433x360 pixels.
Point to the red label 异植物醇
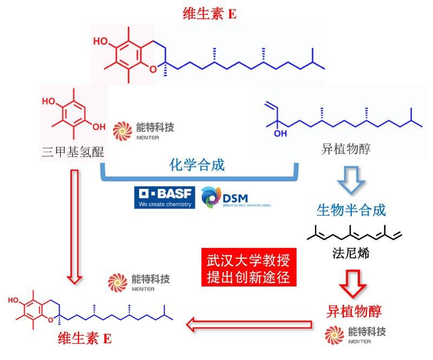click(x=354, y=311)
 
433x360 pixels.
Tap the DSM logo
click(x=235, y=198)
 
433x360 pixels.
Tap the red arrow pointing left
click(x=250, y=325)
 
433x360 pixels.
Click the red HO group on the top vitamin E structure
click(x=101, y=41)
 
